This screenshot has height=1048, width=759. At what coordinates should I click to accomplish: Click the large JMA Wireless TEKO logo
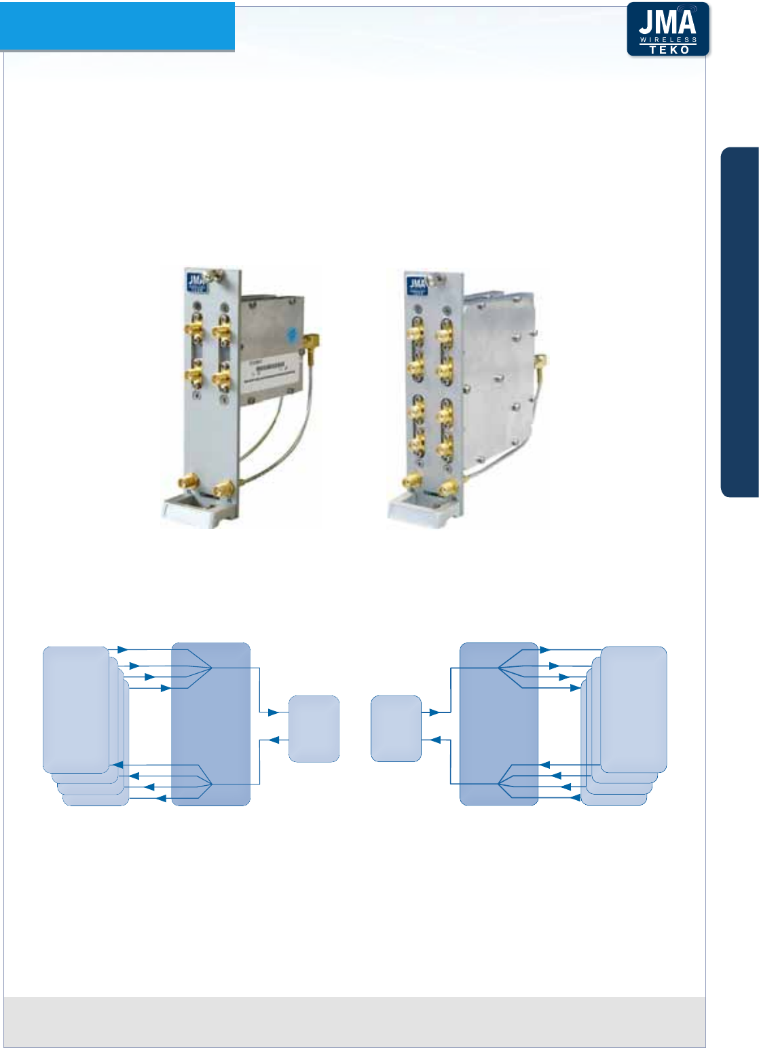667,29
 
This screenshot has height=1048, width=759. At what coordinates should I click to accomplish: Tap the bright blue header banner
117,26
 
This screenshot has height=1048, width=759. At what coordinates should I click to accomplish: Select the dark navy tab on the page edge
739,322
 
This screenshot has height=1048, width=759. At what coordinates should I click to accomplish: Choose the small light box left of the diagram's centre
314,728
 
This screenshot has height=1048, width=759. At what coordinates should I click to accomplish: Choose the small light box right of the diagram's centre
396,728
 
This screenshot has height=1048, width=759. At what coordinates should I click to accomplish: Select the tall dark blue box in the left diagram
211,724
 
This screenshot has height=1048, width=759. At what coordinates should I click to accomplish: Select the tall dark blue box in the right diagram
499,724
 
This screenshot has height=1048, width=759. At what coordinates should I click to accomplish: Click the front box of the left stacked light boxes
76,709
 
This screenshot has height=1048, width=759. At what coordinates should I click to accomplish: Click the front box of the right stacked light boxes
633,709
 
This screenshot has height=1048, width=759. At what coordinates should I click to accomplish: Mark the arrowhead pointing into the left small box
274,712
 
